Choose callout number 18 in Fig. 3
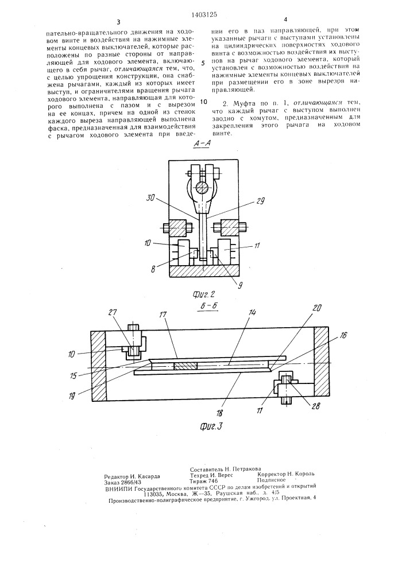(223, 412)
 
